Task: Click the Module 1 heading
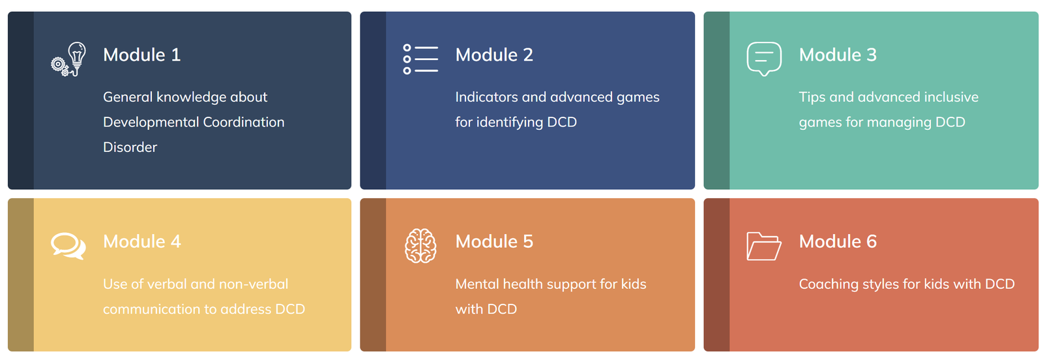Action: (141, 55)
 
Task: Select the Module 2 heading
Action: (494, 55)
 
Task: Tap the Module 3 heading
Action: (838, 55)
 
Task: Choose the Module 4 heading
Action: (141, 242)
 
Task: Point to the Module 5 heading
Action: (494, 242)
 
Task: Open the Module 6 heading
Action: (838, 242)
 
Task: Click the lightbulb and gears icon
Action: (69, 59)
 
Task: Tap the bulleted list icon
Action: (420, 59)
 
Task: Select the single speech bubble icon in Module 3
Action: (764, 59)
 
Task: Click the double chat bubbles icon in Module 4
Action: (68, 246)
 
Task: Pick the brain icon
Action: (420, 246)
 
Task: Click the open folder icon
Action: (764, 247)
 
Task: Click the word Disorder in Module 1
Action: (130, 147)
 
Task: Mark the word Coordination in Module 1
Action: (244, 122)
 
